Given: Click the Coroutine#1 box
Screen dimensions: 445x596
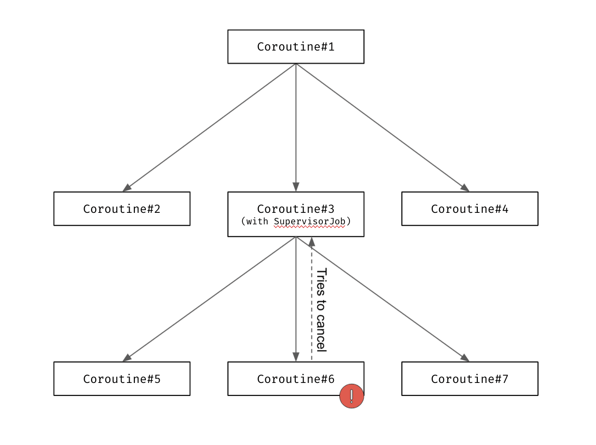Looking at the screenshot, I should point(296,47).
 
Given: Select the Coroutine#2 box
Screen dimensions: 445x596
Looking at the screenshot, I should point(122,209).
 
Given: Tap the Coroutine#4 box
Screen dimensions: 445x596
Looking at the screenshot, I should point(470,209).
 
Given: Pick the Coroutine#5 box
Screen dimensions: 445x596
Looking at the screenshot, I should point(122,379).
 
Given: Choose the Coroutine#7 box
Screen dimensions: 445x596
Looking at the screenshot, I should point(470,379).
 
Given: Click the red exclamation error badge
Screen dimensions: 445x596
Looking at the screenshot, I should point(352,396).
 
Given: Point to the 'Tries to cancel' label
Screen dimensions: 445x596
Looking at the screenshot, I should point(321,310).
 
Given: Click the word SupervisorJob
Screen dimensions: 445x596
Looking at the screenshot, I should point(309,222).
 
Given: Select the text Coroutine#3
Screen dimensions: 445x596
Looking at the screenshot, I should point(296,209).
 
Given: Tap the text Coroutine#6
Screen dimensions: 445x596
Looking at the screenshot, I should point(296,379).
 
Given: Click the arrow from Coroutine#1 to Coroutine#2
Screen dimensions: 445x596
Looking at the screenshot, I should point(209,127).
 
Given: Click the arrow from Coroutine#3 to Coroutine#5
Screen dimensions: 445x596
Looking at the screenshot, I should point(209,299).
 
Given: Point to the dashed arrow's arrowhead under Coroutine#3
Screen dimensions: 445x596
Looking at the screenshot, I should point(312,242).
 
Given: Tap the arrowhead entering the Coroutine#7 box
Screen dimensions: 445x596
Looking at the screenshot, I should point(465,358).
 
